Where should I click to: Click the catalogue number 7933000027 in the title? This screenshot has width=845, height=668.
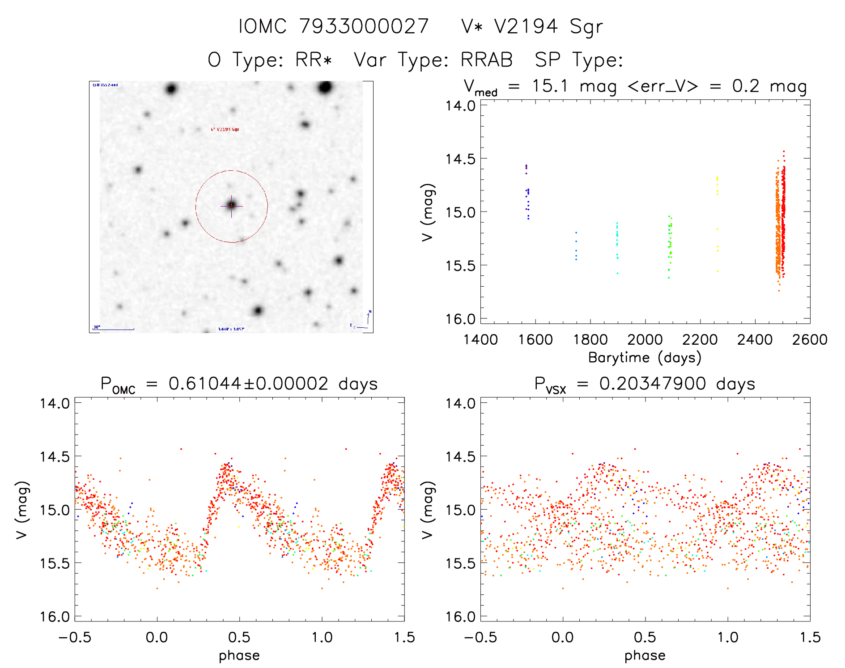point(364,26)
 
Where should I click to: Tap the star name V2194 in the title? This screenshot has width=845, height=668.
point(526,26)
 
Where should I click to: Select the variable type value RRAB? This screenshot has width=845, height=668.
point(487,60)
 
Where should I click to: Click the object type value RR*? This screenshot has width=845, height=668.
point(314,60)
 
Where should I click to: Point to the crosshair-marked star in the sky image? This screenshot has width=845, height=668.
point(231,205)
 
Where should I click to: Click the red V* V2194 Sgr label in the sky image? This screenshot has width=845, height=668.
point(225,130)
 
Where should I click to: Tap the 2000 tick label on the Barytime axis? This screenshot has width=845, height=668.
point(645,339)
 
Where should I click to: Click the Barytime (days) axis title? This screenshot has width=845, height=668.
point(645,358)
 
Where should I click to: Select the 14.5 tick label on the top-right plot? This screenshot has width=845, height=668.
point(460,159)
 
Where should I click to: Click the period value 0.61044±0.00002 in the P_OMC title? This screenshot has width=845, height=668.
point(248,384)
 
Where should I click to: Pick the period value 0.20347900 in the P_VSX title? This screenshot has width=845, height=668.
point(653,384)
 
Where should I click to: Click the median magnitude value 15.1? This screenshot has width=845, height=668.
point(550,86)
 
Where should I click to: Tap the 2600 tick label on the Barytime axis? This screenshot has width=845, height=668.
point(810,339)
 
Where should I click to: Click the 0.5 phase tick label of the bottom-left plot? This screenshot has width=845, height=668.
point(239,637)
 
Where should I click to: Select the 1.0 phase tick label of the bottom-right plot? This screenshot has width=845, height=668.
point(728,637)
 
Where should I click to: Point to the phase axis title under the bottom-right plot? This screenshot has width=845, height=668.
point(645,655)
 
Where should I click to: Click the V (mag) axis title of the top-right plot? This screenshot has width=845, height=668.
point(428,212)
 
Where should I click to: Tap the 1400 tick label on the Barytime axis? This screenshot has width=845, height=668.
point(480,339)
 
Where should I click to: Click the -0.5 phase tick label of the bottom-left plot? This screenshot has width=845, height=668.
point(75,637)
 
